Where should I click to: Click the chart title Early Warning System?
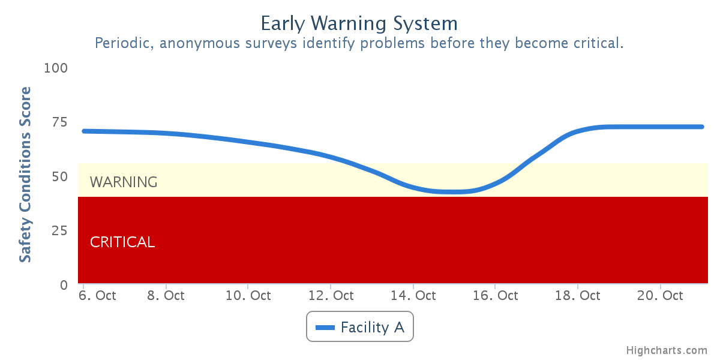359,23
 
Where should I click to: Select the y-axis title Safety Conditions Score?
25,175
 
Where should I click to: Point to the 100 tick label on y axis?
56,68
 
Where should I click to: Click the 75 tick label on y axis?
59,122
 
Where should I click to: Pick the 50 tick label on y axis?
59,176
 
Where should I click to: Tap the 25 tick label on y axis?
59,231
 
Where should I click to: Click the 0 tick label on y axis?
64,285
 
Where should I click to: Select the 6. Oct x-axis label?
97,295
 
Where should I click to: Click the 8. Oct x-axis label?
166,295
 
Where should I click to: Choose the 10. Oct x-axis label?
248,295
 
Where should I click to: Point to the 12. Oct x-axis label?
331,295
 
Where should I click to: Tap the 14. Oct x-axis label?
413,295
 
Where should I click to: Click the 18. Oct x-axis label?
578,295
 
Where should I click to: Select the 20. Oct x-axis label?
660,295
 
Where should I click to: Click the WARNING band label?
124,182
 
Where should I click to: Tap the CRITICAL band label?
122,242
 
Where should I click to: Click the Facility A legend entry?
359,327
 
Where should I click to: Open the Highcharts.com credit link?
667,350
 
